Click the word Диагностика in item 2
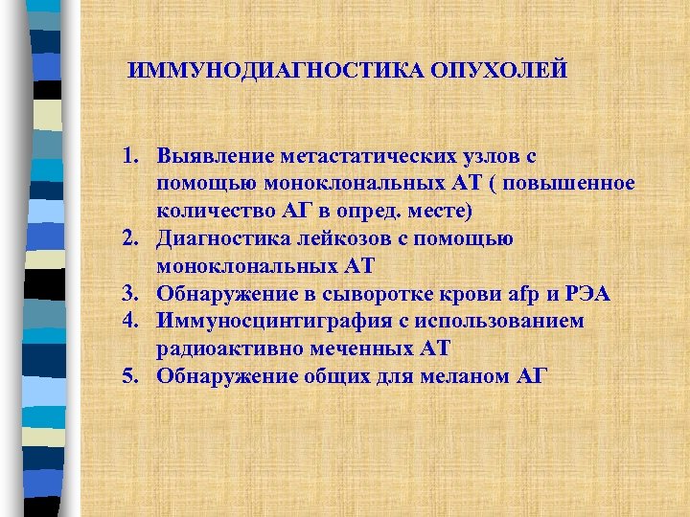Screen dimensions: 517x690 tap(222, 238)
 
